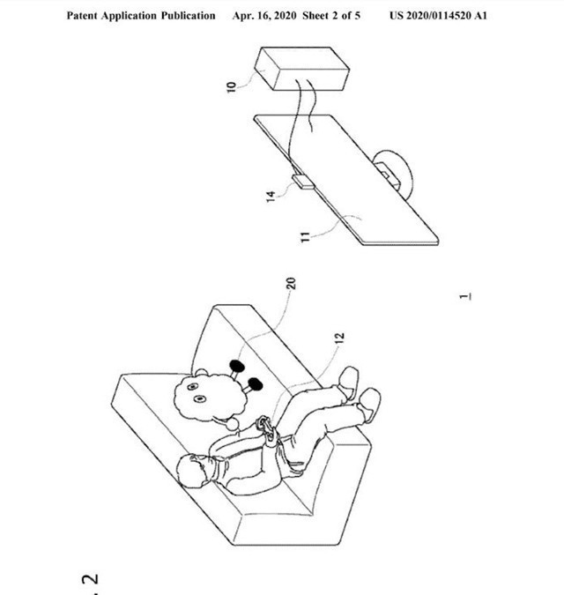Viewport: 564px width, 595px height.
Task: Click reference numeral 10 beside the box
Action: tap(232, 86)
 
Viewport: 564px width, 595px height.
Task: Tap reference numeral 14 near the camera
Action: tap(271, 197)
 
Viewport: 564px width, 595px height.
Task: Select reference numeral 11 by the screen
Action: tap(305, 237)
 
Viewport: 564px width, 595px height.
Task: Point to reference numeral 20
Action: tap(291, 284)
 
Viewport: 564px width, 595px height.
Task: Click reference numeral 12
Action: tap(340, 338)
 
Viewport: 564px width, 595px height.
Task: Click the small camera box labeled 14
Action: tap(303, 182)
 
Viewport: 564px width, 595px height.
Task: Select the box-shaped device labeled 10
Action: tap(302, 69)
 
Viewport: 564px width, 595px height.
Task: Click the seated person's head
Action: tap(193, 470)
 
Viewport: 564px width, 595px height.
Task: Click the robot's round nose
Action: tap(233, 423)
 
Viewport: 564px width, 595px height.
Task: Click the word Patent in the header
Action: tap(82, 16)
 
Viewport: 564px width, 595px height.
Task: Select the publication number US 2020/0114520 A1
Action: tap(438, 16)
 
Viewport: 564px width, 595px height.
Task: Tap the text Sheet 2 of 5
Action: tap(331, 16)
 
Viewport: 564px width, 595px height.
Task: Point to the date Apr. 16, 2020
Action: tap(264, 16)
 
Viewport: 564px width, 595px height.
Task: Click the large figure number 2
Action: tap(90, 578)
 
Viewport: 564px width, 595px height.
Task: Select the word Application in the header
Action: tap(129, 16)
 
